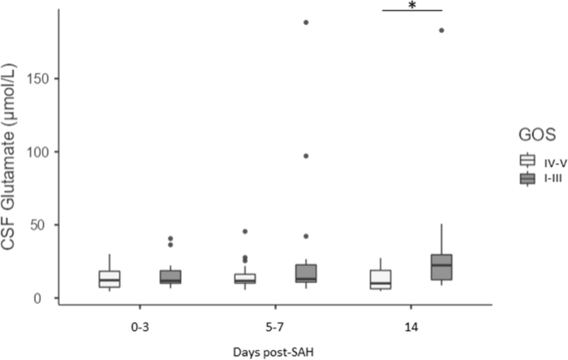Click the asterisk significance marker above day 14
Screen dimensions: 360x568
(x=412, y=5)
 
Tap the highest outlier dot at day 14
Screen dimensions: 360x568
(x=442, y=31)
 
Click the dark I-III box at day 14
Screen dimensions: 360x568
(x=442, y=266)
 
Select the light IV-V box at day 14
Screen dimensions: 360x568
(x=381, y=280)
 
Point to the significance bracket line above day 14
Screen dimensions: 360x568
(x=412, y=11)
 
